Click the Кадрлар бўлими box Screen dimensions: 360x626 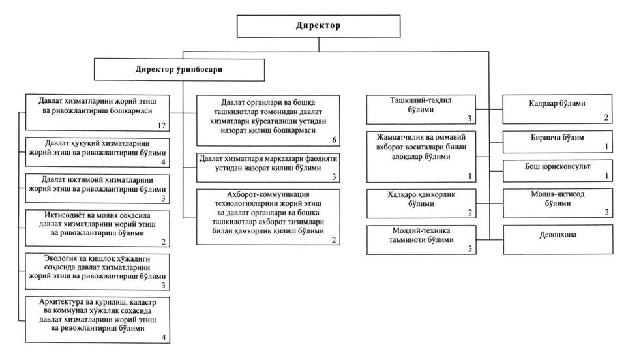pos(557,108)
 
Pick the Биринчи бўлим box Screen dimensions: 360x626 pos(557,142)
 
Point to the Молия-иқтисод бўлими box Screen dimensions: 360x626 pos(557,203)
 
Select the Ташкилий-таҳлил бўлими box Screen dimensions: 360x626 pos(423,109)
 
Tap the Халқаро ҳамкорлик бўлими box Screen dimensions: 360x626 pos(423,203)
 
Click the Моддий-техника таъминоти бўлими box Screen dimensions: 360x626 pos(423,239)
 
